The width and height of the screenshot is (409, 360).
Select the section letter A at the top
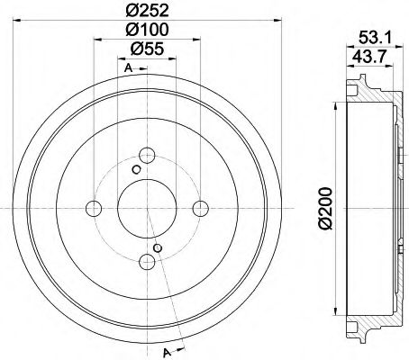click(x=128, y=69)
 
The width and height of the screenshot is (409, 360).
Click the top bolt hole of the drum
click(x=146, y=154)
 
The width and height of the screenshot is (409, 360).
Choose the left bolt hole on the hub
click(x=93, y=209)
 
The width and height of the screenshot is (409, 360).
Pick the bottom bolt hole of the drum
click(x=146, y=262)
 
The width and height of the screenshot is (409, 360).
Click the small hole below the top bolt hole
click(x=136, y=169)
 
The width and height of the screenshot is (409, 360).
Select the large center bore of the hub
click(x=146, y=209)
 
